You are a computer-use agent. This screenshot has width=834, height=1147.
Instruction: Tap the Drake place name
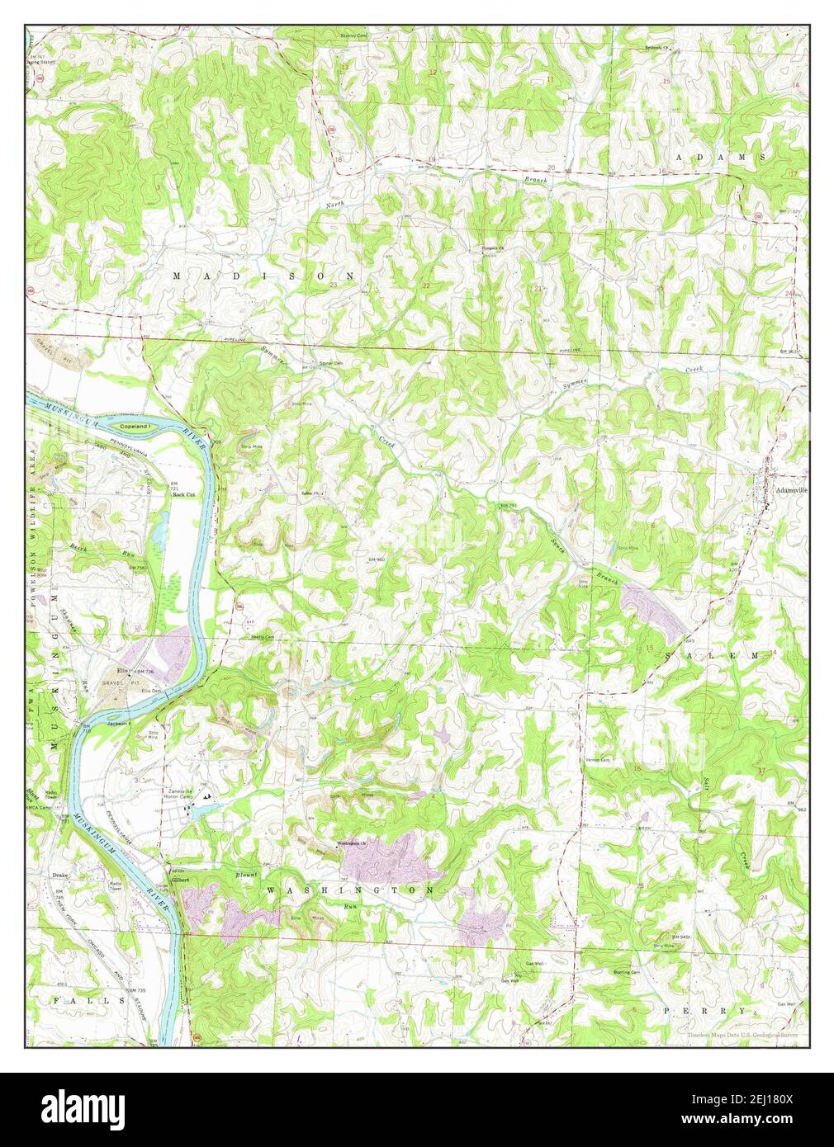point(59,874)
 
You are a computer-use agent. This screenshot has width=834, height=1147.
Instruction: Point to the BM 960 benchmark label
point(377,560)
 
